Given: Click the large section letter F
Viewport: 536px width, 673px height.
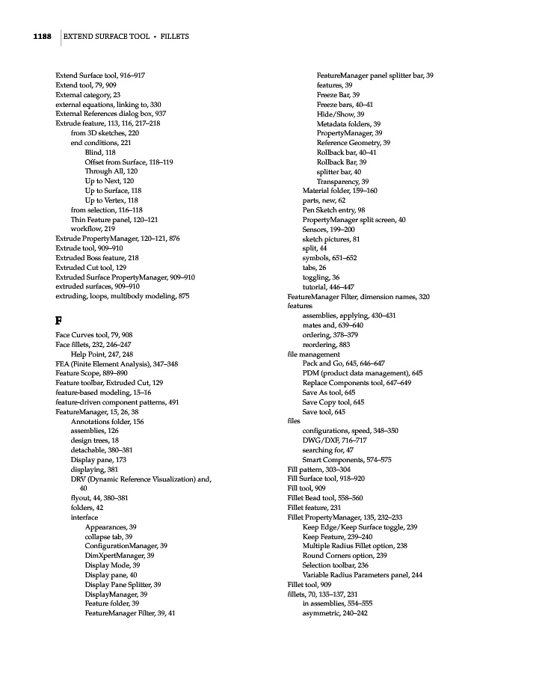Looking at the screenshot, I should (x=59, y=320).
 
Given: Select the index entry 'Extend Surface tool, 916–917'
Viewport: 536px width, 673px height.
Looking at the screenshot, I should (x=100, y=76).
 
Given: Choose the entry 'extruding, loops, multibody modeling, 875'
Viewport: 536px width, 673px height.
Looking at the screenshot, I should (x=123, y=296).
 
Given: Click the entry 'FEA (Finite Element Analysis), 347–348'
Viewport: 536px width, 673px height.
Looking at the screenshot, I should (x=117, y=363).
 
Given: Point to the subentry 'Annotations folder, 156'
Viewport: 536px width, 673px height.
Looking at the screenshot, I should (x=107, y=421).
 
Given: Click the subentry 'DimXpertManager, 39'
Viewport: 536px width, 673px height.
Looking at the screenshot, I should (x=120, y=556).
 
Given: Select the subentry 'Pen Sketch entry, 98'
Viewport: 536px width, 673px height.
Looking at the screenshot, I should (x=333, y=210).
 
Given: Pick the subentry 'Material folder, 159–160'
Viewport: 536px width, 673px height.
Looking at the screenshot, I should (x=339, y=191).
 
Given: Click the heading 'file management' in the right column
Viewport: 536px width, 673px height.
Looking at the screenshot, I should (x=308, y=354).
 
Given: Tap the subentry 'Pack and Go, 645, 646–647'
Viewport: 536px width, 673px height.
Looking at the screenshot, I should (x=343, y=363).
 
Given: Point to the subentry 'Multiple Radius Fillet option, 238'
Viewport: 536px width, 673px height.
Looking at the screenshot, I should (x=354, y=546).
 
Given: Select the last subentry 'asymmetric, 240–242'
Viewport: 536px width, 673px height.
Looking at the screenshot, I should (x=334, y=613).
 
